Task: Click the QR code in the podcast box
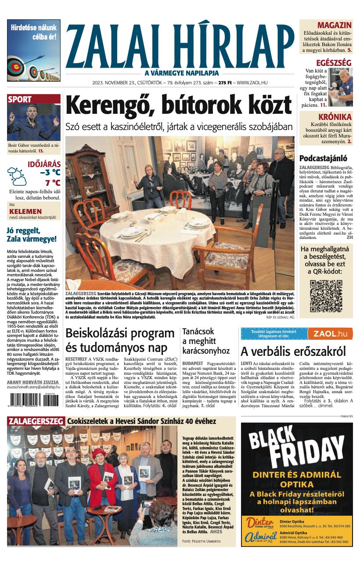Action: coord(326,296)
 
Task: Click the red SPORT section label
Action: coord(20,100)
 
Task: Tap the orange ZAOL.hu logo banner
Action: coord(330,334)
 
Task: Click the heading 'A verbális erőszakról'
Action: coord(293,351)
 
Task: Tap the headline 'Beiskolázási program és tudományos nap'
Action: coord(120,341)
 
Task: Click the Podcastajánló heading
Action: coord(323,159)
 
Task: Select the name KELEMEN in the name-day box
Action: coord(25,211)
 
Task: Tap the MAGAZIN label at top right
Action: coord(334,25)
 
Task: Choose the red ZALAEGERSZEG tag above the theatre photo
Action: coord(36,421)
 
